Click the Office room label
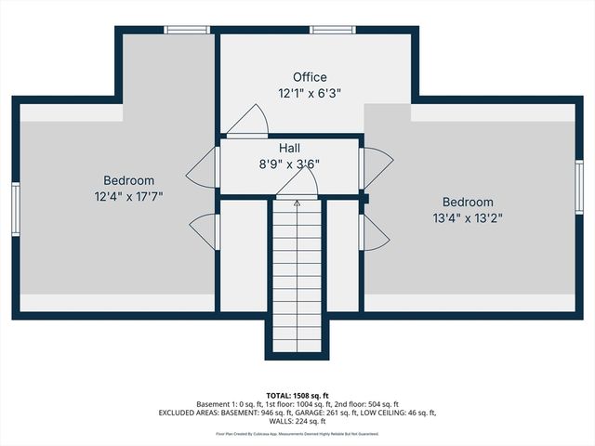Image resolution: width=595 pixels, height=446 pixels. pyautogui.click(x=310, y=77)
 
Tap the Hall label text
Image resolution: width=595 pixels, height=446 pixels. pyautogui.click(x=289, y=148)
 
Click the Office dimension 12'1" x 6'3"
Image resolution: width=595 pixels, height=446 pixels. pyautogui.click(x=310, y=93)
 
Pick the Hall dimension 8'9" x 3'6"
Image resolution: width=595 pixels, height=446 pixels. pyautogui.click(x=289, y=164)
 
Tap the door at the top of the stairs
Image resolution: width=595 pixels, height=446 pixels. pyautogui.click(x=297, y=187)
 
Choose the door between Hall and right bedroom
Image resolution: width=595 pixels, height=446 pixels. pyautogui.click(x=376, y=167)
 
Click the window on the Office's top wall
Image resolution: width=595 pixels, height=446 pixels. pyautogui.click(x=333, y=30)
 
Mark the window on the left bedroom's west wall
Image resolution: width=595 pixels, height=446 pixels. pyautogui.click(x=16, y=209)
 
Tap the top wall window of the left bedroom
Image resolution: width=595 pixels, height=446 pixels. pyautogui.click(x=186, y=30)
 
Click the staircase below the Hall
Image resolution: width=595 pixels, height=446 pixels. pyautogui.click(x=297, y=279)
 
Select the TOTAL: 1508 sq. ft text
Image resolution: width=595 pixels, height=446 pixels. pyautogui.click(x=297, y=395)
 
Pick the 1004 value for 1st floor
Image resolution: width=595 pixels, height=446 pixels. pyautogui.click(x=294, y=404)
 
